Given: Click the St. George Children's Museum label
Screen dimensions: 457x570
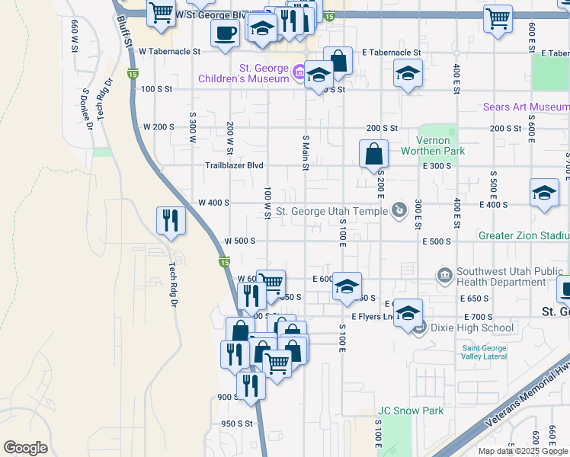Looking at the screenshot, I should [243, 73].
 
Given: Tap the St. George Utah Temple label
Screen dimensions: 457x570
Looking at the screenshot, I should [332, 211].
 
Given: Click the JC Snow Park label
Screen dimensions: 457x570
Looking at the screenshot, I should [411, 411].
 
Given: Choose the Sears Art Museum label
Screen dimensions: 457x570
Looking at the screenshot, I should [526, 107].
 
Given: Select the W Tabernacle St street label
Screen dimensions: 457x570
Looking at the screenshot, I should [169, 52].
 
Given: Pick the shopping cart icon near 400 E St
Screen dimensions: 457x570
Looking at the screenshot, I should [498, 18].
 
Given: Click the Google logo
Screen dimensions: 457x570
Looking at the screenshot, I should [25, 448].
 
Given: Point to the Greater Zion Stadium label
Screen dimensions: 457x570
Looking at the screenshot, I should [524, 236].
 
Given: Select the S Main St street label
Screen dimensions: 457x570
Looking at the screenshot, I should [306, 152].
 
